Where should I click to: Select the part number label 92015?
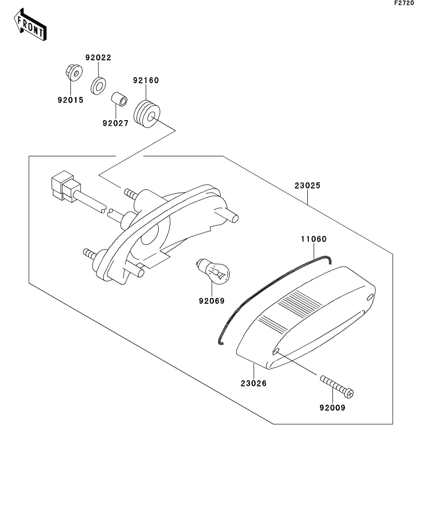(x=70, y=100)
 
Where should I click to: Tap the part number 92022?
(x=98, y=57)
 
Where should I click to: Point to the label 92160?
(x=146, y=80)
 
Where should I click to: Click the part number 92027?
(x=115, y=123)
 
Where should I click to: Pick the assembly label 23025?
(x=308, y=185)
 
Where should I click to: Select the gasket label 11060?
(x=314, y=239)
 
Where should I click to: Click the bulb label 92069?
(x=212, y=301)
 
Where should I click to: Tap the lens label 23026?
(x=253, y=383)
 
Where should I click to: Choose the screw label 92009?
(x=332, y=407)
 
